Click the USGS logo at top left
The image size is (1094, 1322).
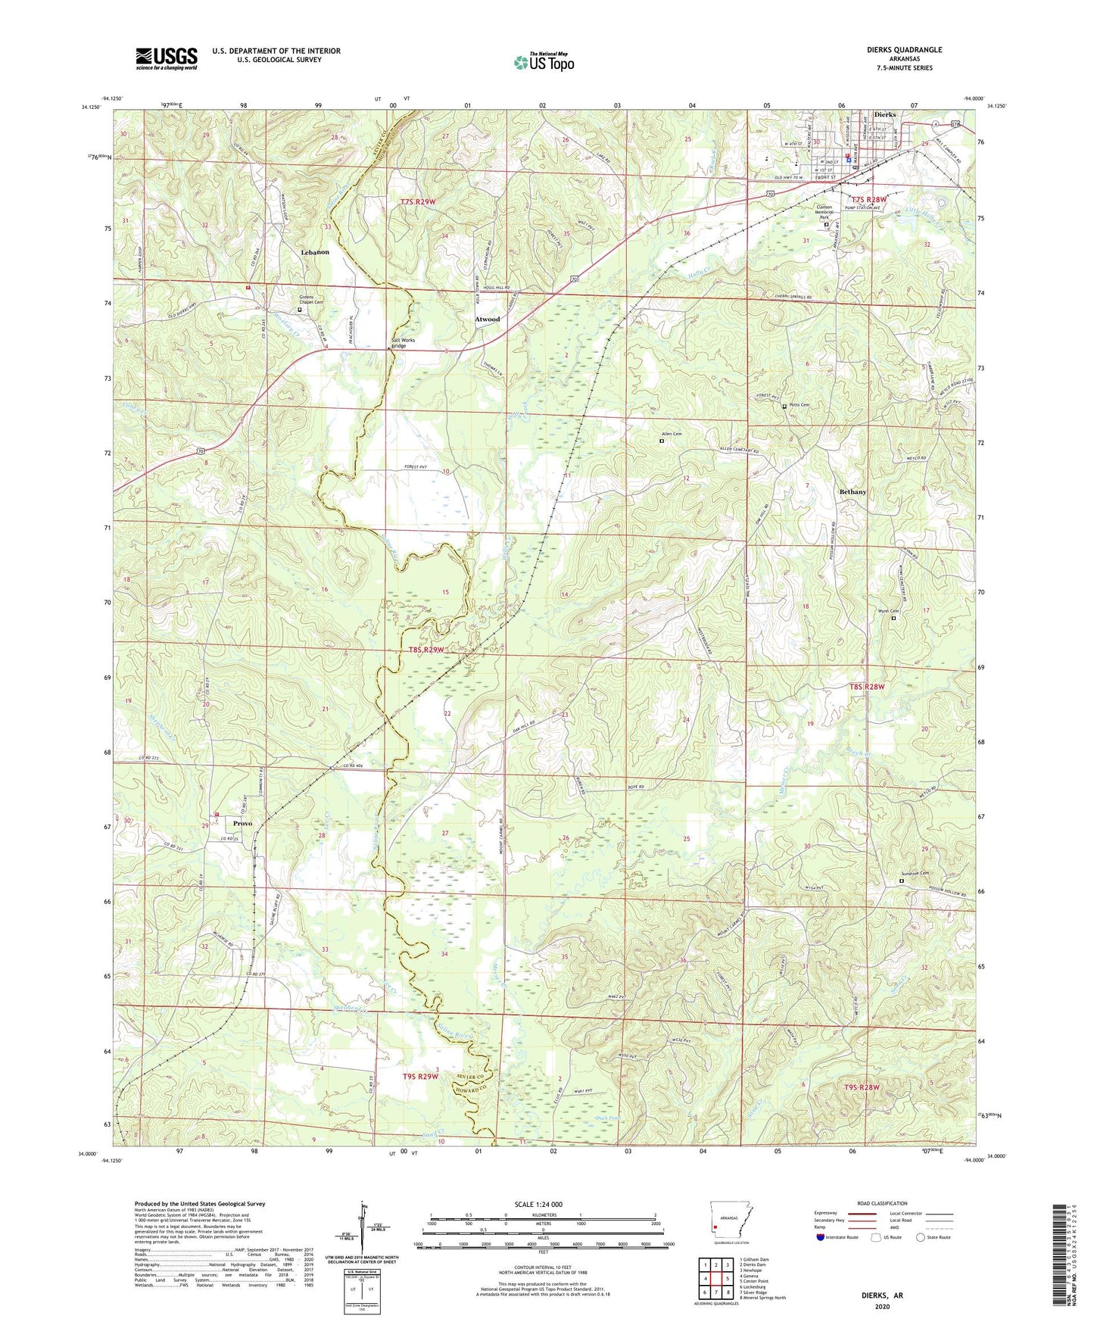point(167,58)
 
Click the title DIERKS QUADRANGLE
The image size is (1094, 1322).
point(904,50)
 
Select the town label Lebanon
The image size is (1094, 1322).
point(315,251)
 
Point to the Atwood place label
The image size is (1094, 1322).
point(487,320)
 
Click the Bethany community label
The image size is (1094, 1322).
point(852,492)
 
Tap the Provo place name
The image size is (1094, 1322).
point(242,823)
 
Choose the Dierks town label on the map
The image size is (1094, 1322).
point(884,114)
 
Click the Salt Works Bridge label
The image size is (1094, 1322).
point(404,343)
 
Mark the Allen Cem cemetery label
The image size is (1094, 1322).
point(672,434)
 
